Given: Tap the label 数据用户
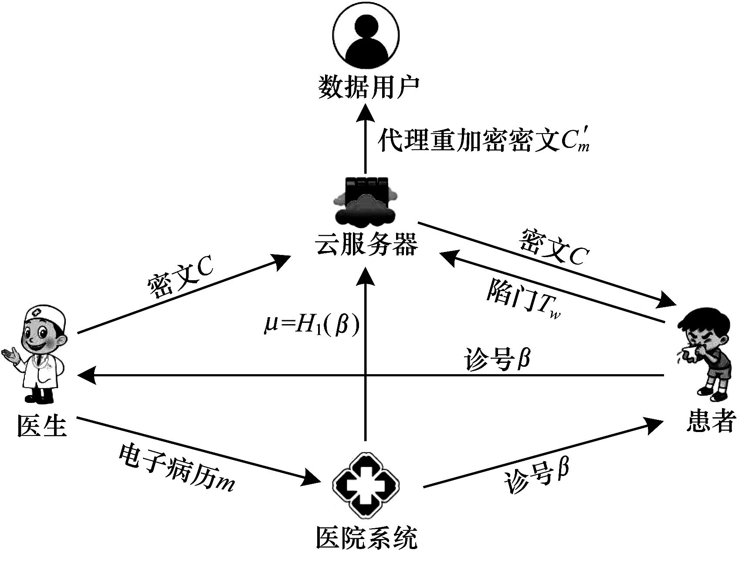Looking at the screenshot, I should tap(368, 87).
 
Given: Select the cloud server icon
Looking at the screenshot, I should tap(365, 202).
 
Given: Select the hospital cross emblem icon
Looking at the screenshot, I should tap(366, 485).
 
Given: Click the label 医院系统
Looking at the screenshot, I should tap(366, 538).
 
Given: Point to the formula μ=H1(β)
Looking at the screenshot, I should tap(312, 326).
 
